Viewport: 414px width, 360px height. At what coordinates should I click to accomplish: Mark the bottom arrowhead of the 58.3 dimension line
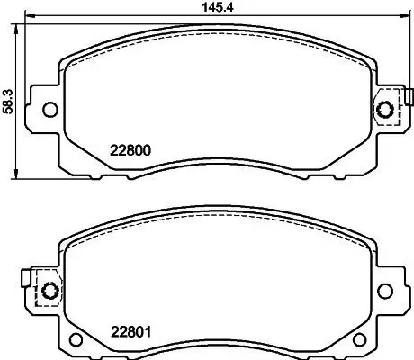tap(17, 173)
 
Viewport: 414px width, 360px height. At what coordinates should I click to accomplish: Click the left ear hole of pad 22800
tap(49, 110)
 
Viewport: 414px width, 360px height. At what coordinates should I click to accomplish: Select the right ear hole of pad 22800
tap(387, 110)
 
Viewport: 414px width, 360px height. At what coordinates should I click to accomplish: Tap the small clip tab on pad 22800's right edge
tap(409, 97)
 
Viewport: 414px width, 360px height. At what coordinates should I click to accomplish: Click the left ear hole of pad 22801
tap(49, 292)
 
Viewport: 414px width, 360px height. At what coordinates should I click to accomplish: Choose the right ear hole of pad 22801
tap(388, 292)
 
